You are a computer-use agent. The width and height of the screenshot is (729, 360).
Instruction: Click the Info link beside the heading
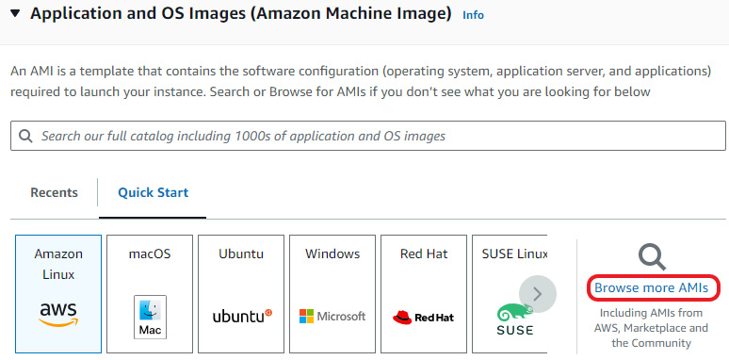coord(473,15)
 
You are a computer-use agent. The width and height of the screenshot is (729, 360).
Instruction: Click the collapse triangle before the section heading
coord(15,14)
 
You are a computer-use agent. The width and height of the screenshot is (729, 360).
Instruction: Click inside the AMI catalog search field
coord(377,136)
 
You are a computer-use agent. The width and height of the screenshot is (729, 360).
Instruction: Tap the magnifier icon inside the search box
coord(24,136)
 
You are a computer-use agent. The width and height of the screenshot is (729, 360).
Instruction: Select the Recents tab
coord(54,192)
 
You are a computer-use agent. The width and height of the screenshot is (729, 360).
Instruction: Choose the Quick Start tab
coord(153,192)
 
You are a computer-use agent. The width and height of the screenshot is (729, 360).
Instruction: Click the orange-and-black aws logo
coord(58,314)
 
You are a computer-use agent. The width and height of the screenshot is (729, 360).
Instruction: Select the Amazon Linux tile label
coord(58,263)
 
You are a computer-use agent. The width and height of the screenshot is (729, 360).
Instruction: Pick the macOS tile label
coord(149,254)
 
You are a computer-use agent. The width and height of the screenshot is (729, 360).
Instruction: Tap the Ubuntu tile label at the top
coord(240,254)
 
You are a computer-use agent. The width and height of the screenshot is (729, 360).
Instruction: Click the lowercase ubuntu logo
coord(241,317)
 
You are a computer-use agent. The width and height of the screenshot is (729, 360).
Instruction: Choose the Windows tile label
coord(332,254)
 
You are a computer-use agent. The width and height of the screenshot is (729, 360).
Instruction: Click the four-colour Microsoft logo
coord(332,317)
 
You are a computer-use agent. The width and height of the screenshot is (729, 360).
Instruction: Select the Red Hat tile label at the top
coord(423,254)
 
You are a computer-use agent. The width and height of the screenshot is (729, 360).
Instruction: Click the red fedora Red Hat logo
coord(423,317)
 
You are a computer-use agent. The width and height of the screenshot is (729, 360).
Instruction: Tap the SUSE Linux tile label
coord(513,254)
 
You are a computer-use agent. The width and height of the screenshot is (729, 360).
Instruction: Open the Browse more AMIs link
coord(651,287)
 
